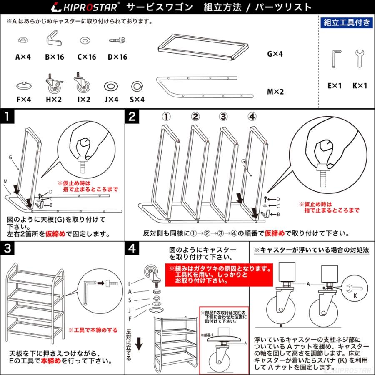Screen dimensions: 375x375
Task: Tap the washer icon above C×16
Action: [86, 40]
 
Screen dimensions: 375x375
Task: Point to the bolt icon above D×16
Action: [117, 40]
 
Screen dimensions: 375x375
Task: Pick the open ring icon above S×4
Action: [137, 86]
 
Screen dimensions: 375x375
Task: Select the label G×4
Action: [275, 54]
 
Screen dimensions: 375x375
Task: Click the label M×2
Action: [275, 92]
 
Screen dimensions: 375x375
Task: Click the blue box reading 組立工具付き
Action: [346, 23]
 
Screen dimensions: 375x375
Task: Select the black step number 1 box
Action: [7, 117]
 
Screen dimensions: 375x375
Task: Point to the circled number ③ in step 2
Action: [223, 117]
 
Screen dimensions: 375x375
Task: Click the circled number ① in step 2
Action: [166, 117]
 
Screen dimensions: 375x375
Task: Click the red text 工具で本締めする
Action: [92, 330]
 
